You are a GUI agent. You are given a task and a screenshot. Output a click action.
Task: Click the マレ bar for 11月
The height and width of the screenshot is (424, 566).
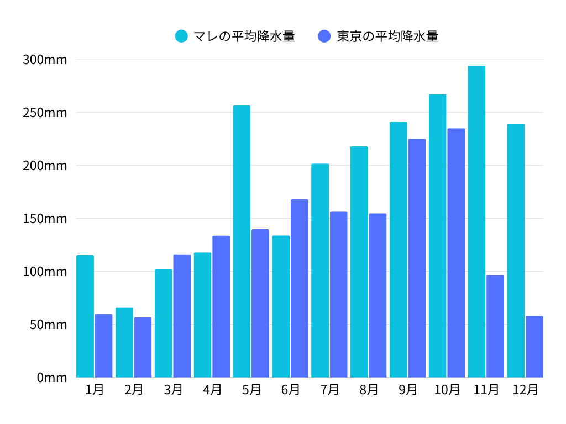point(476,221)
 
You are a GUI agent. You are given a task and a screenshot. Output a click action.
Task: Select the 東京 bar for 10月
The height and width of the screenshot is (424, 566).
point(456,253)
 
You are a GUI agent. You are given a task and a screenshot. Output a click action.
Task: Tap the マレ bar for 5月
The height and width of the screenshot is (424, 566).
point(242,241)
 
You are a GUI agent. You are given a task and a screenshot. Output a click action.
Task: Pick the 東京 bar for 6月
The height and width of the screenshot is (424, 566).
point(299,288)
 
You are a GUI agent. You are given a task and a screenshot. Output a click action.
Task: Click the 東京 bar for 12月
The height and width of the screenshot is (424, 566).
point(534,347)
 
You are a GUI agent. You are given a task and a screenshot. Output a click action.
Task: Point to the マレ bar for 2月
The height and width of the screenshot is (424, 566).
point(124,342)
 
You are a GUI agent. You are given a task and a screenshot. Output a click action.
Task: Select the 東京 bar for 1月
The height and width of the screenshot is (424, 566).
point(103,346)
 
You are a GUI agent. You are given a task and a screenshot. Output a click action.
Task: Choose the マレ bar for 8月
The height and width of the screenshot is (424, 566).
point(359,262)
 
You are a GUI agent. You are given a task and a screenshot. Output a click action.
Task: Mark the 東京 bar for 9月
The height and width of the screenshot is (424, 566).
point(417,258)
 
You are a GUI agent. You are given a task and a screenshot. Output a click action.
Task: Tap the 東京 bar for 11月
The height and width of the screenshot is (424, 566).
point(495,326)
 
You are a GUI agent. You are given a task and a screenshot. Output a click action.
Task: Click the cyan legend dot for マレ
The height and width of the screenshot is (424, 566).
point(181,36)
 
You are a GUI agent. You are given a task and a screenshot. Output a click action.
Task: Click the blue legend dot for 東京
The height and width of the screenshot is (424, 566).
point(324,36)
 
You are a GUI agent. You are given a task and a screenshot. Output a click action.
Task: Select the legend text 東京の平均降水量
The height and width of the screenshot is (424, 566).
point(387,36)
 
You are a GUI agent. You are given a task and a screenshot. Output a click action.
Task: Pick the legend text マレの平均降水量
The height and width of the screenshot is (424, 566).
point(244,36)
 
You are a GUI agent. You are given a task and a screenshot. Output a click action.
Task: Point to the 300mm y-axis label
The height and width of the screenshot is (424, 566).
point(45,60)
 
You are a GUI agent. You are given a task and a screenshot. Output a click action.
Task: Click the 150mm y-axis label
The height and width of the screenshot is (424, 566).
point(45,219)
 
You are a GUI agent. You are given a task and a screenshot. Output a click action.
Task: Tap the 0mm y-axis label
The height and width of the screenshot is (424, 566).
point(52,378)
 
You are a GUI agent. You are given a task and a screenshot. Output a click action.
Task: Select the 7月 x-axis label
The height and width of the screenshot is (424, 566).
point(329,390)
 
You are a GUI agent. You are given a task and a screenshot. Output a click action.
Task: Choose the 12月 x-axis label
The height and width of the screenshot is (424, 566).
point(525,390)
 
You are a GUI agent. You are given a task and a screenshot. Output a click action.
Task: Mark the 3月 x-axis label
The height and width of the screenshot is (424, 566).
point(173,390)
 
